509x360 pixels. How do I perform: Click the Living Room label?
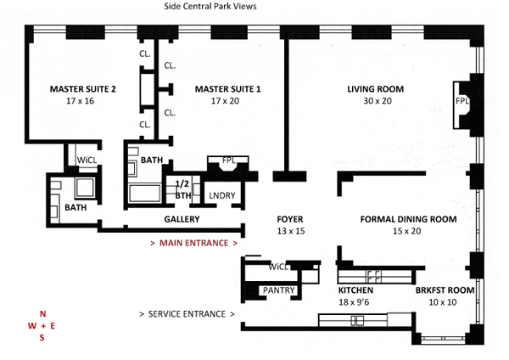click(x=376, y=89)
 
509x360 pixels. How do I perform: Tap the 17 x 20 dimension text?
click(x=225, y=101)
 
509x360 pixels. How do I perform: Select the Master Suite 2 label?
click(x=83, y=89)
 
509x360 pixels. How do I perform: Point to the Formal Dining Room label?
click(x=408, y=219)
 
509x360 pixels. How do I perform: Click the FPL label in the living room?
click(x=462, y=101)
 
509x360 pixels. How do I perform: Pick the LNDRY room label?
click(x=222, y=195)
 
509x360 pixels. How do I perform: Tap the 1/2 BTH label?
click(x=182, y=189)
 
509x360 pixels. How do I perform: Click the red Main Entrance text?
click(x=193, y=243)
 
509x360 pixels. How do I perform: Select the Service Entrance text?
click(x=187, y=314)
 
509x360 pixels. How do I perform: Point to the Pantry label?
click(x=278, y=290)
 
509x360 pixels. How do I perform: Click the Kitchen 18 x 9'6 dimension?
click(x=354, y=302)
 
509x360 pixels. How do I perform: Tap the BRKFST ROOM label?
click(x=445, y=290)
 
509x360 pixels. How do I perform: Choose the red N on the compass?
click(x=43, y=314)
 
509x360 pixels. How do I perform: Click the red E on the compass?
click(x=53, y=326)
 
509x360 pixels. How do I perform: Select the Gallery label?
click(x=182, y=219)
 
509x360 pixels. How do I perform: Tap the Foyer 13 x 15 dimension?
click(x=291, y=231)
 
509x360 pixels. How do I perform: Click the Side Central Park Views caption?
click(x=210, y=6)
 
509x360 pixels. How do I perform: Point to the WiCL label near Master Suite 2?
click(x=87, y=160)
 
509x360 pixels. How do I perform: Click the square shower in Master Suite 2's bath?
click(x=85, y=188)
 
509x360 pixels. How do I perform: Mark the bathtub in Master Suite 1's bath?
click(x=145, y=194)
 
